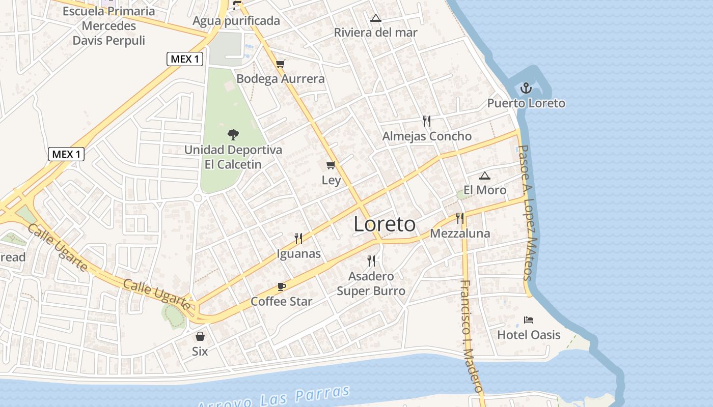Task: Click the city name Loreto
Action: (x=385, y=224)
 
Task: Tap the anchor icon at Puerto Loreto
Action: (x=526, y=89)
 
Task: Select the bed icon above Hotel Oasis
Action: (x=529, y=320)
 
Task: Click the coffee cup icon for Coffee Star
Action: (x=282, y=287)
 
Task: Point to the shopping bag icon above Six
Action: (x=200, y=336)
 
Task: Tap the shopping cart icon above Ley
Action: (x=331, y=165)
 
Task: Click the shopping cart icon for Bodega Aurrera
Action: (x=281, y=64)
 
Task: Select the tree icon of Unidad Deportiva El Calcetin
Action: (x=233, y=135)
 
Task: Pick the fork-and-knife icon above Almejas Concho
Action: (x=427, y=121)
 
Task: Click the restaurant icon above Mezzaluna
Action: (x=460, y=218)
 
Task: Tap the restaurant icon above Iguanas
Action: (x=298, y=239)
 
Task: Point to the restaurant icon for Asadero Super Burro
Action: (x=371, y=261)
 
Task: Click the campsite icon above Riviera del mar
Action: (x=376, y=18)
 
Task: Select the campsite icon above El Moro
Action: (x=485, y=176)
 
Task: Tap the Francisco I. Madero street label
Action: (x=471, y=336)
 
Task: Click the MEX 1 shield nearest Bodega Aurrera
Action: (x=185, y=59)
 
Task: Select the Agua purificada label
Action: (x=236, y=21)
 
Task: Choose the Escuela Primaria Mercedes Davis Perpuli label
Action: (x=109, y=26)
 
